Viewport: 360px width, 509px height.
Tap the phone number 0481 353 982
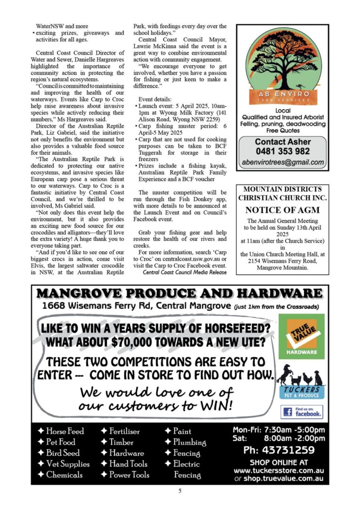(x=282, y=151)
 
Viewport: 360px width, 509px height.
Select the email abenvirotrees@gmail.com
(x=283, y=163)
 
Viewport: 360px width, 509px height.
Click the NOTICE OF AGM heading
(x=282, y=210)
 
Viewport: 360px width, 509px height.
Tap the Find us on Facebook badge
(x=302, y=412)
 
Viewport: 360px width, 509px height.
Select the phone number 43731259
(x=278, y=450)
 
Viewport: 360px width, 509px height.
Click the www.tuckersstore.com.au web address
(x=278, y=471)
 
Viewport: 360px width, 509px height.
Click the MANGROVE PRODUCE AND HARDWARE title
(x=180, y=294)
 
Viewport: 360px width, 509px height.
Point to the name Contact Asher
(x=282, y=142)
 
